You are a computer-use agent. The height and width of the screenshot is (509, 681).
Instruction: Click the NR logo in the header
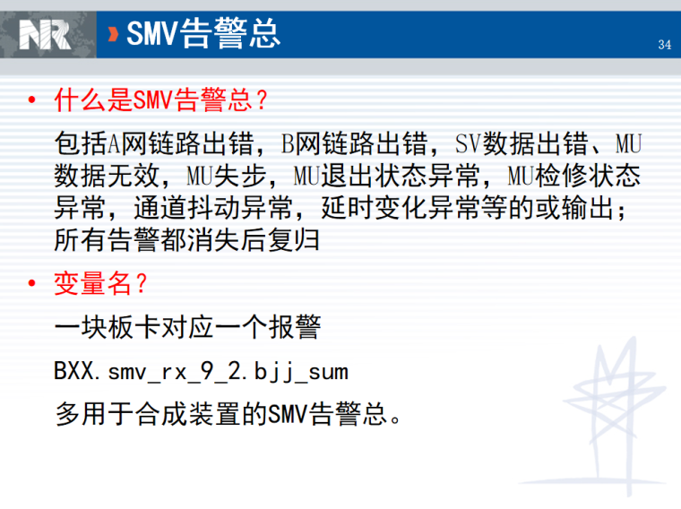(x=45, y=34)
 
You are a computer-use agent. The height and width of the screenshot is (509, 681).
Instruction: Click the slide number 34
(x=664, y=45)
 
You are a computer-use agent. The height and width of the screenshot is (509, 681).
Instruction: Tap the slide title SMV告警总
(x=204, y=34)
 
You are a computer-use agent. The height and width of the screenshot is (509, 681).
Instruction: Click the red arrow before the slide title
(x=113, y=34)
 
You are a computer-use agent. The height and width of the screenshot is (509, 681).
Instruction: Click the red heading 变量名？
(x=100, y=284)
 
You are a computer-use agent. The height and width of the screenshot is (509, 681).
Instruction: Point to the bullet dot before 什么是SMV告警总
(x=33, y=99)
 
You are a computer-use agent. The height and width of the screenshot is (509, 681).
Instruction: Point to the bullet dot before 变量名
(x=33, y=285)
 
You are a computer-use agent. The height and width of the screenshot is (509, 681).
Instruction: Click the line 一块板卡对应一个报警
(x=186, y=328)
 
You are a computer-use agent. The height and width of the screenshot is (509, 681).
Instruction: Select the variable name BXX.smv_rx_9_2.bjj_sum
(x=201, y=371)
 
